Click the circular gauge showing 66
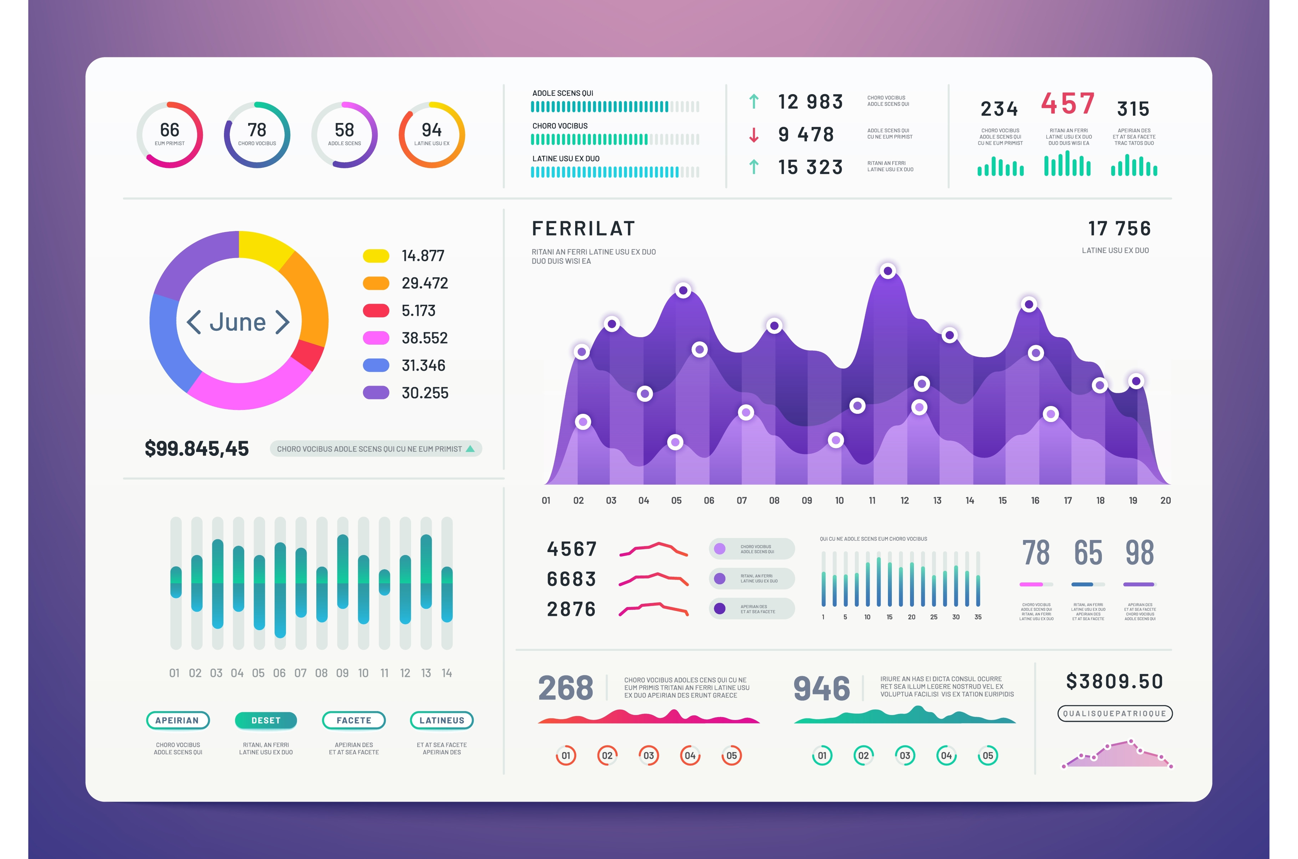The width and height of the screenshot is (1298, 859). point(169,134)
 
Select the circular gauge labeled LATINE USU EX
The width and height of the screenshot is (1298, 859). point(432,134)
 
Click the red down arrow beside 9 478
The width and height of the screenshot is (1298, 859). point(754,135)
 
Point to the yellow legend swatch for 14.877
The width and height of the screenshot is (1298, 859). point(376,256)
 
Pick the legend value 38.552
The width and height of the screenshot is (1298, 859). point(425,338)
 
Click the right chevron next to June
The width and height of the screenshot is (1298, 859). point(282,322)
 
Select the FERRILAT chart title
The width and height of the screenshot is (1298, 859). point(583,228)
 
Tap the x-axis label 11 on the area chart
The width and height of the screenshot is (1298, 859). point(872,500)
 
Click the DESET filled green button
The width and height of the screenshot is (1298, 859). point(266,720)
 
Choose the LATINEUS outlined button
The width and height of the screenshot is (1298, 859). point(441,720)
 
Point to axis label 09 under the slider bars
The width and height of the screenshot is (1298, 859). point(342,673)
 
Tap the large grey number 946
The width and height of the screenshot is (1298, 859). point(821,689)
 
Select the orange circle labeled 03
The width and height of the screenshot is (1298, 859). point(649,756)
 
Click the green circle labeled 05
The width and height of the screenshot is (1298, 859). point(988,756)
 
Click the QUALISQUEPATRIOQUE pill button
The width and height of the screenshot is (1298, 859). point(1114,713)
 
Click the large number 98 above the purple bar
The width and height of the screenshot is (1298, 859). point(1139,553)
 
